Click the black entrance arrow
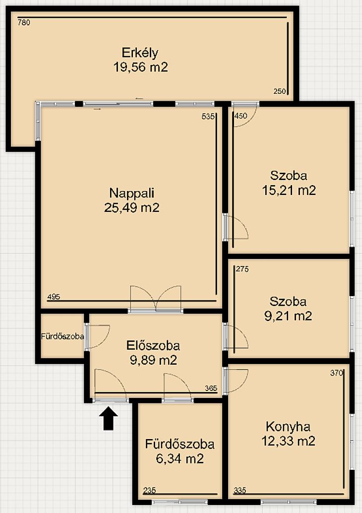pyautogui.click(x=108, y=418)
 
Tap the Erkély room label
pyautogui.click(x=140, y=53)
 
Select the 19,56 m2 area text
pyautogui.click(x=141, y=67)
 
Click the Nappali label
pyautogui.click(x=132, y=193)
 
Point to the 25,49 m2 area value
pyautogui.click(x=132, y=207)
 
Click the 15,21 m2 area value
pyautogui.click(x=289, y=190)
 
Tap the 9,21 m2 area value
pyautogui.click(x=288, y=316)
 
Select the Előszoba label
pyautogui.click(x=153, y=345)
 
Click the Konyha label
pyautogui.click(x=288, y=427)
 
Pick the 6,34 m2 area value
pyautogui.click(x=180, y=458)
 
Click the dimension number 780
pyautogui.click(x=24, y=23)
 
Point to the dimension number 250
pyautogui.click(x=280, y=91)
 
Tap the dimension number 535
pyautogui.click(x=208, y=116)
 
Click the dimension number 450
pyautogui.click(x=241, y=116)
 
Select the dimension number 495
pyautogui.click(x=54, y=297)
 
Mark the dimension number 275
pyautogui.click(x=242, y=269)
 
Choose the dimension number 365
pyautogui.click(x=211, y=388)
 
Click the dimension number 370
pyautogui.click(x=337, y=373)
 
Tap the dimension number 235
pyautogui.click(x=149, y=490)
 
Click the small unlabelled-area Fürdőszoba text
pyautogui.click(x=62, y=336)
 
